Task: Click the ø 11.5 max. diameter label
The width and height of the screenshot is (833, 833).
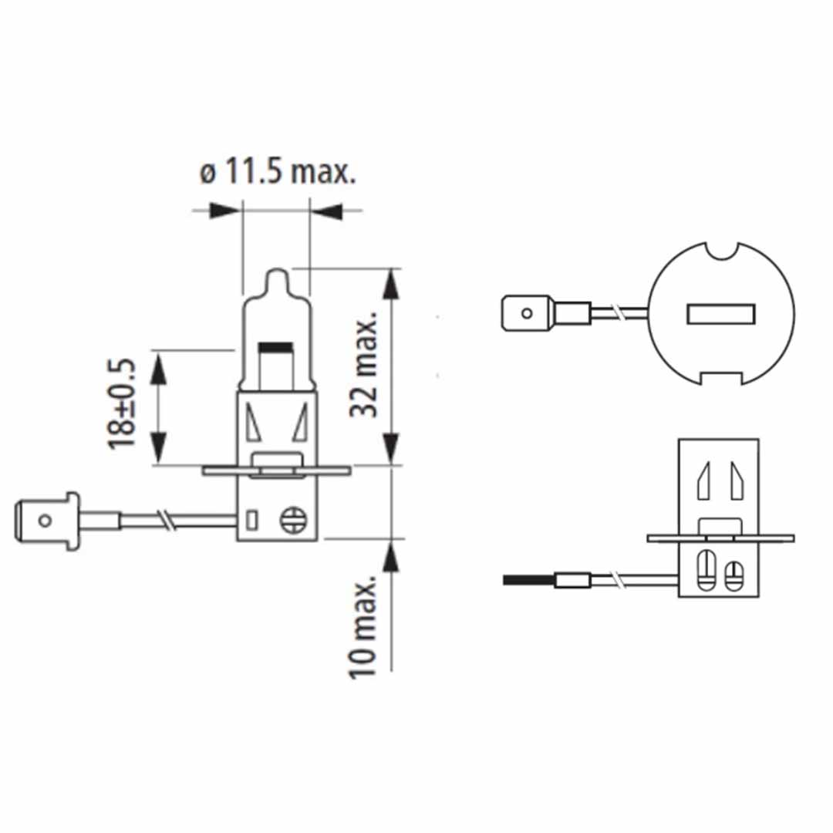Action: [x=278, y=173]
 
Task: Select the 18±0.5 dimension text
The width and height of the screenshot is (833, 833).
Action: [x=123, y=403]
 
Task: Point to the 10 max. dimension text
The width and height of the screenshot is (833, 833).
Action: [x=363, y=626]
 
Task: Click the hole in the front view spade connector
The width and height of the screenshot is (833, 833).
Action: [x=45, y=521]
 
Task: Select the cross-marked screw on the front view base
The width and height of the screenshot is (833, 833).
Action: [x=294, y=519]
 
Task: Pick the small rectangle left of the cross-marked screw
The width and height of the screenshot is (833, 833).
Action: [x=251, y=519]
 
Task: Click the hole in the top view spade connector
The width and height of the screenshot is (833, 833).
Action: [x=526, y=314]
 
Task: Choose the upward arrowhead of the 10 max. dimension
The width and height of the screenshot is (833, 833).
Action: [x=393, y=551]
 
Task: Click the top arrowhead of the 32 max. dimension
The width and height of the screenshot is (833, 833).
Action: [x=393, y=281]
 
